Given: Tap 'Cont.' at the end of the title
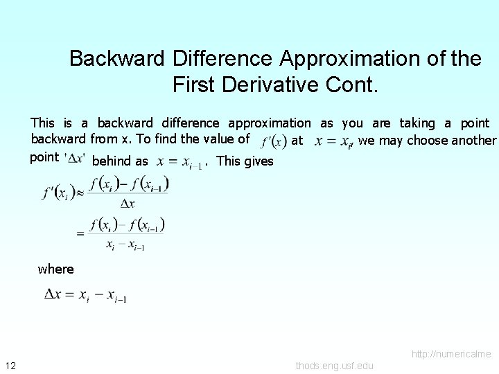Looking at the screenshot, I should (354, 85).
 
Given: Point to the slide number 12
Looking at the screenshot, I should (10, 365).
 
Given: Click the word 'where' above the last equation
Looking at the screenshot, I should (55, 269).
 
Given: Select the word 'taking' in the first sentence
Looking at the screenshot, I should (417, 123).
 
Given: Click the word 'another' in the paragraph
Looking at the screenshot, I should (474, 141).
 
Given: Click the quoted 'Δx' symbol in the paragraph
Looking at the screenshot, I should (74, 158).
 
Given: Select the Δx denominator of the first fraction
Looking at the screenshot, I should (127, 204).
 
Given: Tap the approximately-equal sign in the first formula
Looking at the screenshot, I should (80, 193).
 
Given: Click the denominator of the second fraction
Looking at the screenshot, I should (125, 244).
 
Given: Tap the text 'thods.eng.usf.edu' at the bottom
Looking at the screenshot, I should (334, 366).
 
